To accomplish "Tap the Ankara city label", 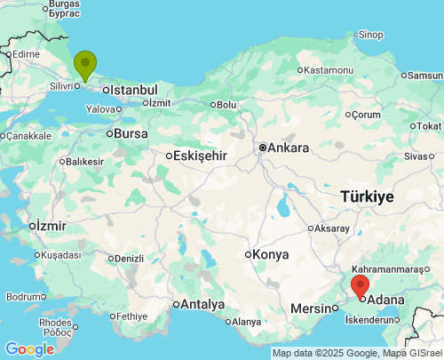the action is coord(289,148).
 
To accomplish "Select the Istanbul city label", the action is coord(133,90).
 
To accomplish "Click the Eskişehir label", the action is coord(202,156).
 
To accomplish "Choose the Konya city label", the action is coord(270,254).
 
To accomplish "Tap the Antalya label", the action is coord(202,304).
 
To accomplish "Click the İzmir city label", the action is coord(52,226).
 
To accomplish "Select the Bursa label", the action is coord(131,133).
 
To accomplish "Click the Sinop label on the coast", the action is coord(370,35).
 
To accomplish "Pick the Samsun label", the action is coord(424,76).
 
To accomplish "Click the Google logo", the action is coord(28,349).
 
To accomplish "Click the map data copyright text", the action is coord(356,353).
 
